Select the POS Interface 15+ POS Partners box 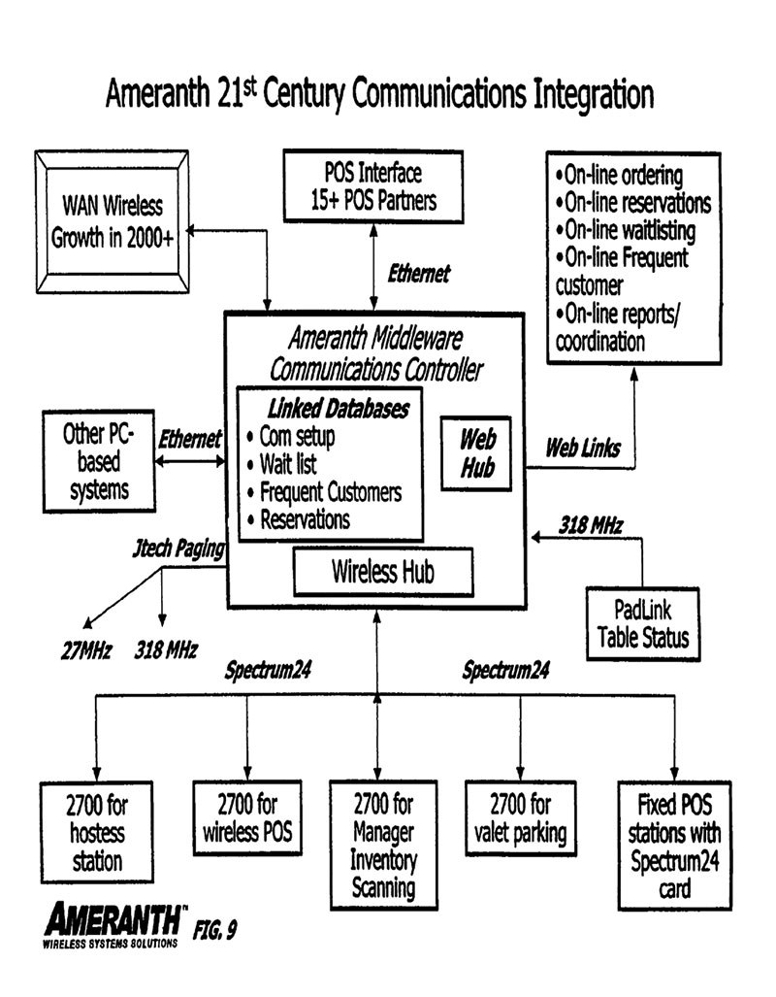[x=373, y=187]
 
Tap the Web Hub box [x=477, y=452]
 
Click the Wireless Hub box [x=383, y=570]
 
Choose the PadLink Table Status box [x=642, y=624]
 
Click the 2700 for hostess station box [x=97, y=832]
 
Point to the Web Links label [x=583, y=448]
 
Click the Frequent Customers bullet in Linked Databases [x=330, y=492]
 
